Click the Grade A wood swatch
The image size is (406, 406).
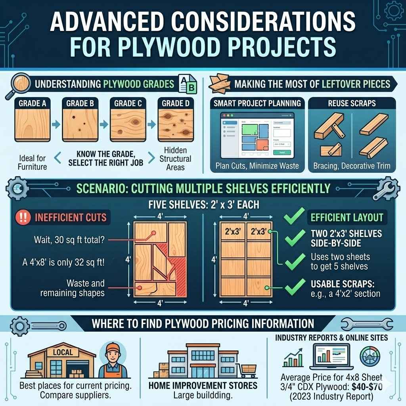(x=33, y=126)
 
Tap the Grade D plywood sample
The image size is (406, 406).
(x=175, y=126)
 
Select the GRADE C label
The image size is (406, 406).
(x=128, y=103)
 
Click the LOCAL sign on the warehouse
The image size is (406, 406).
(x=62, y=352)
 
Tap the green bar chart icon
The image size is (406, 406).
(x=293, y=358)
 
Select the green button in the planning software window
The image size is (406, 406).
(x=282, y=152)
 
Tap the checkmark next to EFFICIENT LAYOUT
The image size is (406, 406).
(x=295, y=218)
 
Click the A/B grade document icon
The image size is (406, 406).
(x=187, y=84)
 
